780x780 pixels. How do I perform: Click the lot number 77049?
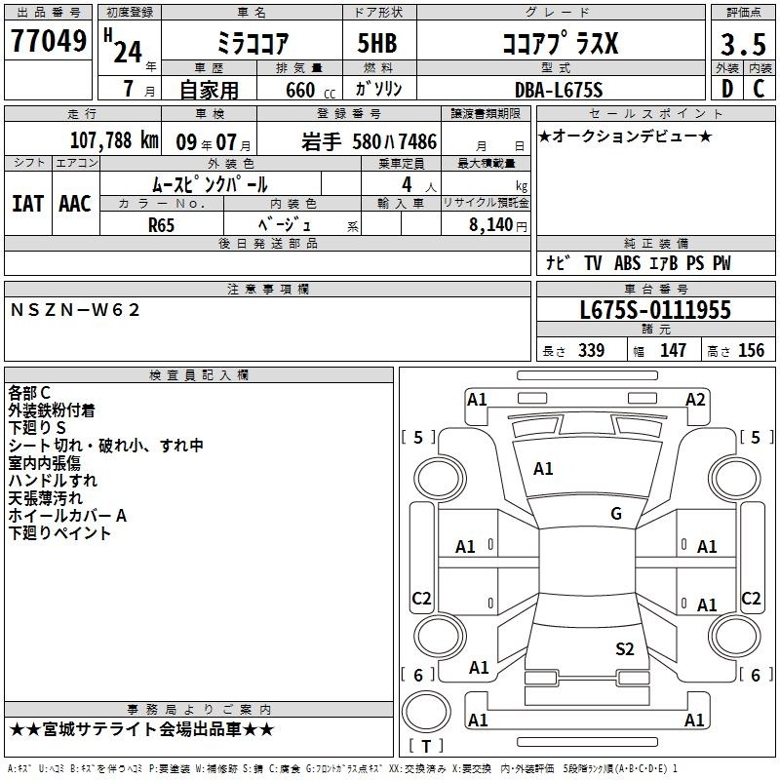(x=48, y=41)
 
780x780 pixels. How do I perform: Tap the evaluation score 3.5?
(x=743, y=45)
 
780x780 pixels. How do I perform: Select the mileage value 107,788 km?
(x=114, y=140)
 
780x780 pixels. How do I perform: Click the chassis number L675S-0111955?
(x=655, y=310)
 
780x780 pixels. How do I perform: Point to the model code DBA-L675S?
(x=559, y=90)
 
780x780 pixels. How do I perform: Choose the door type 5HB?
(x=377, y=43)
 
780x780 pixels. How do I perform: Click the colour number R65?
(x=161, y=225)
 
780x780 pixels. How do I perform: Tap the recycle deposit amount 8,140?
(x=491, y=225)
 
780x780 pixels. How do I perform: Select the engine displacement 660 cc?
(x=310, y=91)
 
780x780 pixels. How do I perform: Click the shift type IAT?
(x=27, y=204)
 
